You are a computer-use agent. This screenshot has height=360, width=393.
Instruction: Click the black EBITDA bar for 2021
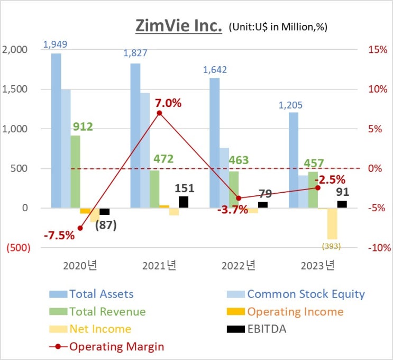tap(184, 202)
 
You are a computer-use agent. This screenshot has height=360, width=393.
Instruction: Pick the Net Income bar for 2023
tap(332, 224)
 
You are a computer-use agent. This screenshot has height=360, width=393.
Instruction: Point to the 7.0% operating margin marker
tap(159, 113)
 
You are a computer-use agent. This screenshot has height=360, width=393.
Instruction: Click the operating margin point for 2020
tap(80, 228)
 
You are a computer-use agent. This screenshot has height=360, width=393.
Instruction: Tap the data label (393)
tap(332, 246)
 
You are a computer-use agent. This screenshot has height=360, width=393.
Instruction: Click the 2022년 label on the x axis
tap(239, 265)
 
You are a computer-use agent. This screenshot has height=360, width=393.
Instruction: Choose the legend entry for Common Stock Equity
tap(306, 294)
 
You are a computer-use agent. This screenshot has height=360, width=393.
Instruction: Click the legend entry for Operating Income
tap(295, 311)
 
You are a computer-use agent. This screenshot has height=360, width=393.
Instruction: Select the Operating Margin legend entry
tap(116, 347)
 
